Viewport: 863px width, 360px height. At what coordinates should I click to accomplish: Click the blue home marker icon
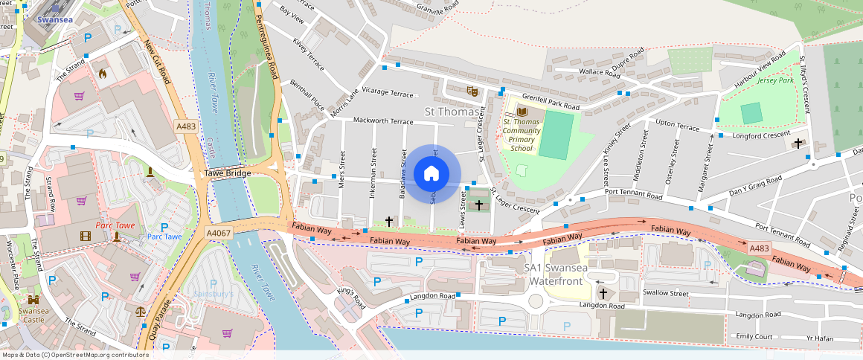431,174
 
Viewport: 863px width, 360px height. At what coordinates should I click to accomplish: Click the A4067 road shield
218,233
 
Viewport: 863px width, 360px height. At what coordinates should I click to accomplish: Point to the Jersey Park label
775,80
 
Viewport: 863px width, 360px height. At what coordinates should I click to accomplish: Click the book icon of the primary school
521,109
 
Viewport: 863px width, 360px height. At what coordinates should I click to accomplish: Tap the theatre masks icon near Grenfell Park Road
471,91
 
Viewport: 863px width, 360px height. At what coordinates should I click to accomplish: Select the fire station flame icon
103,74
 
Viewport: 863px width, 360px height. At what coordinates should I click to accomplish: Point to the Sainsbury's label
214,294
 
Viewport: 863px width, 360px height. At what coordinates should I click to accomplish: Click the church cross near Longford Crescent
798,142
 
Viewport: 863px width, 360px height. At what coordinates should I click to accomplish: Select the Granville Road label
436,9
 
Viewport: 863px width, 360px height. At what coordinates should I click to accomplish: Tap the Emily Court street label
754,337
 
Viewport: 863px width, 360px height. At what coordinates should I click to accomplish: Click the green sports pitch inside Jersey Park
751,113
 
